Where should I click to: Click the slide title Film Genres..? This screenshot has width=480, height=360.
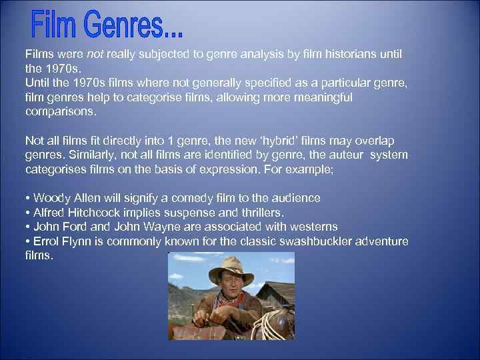(107, 25)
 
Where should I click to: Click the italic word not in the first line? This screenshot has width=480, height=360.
(96, 53)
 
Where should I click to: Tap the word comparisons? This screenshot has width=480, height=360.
(60, 111)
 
